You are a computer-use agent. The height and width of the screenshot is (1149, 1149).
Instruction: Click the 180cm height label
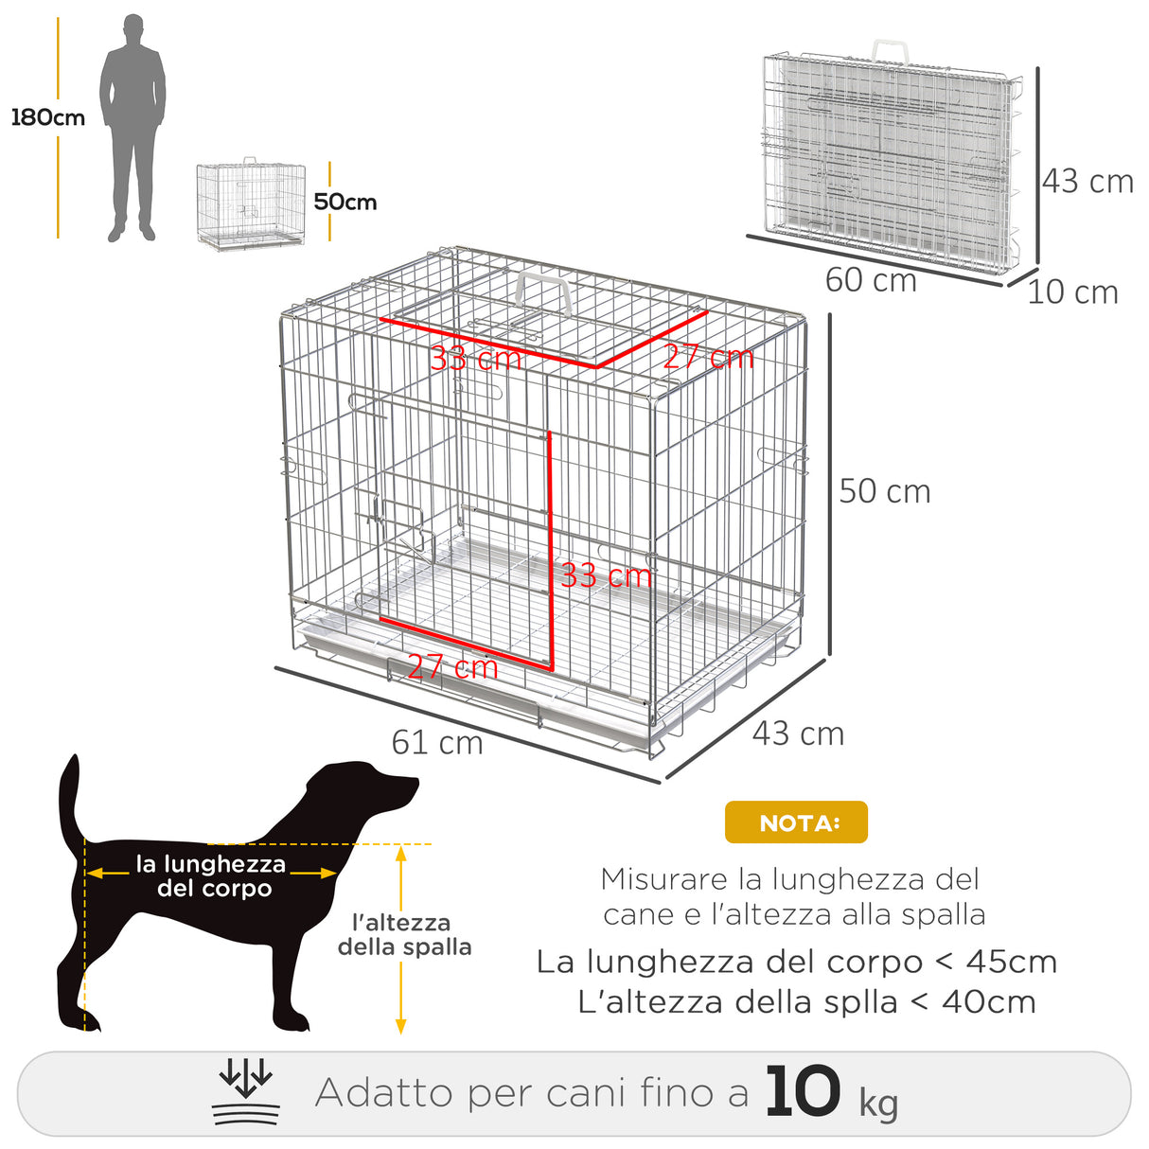47,117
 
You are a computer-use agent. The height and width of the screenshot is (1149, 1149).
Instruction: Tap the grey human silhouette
133,128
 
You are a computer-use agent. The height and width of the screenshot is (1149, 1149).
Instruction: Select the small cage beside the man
251,204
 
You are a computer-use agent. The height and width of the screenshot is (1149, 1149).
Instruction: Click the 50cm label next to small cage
345,202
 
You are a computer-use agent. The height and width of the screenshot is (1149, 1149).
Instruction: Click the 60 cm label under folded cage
871,280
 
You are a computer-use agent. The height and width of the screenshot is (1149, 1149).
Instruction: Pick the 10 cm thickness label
1072,292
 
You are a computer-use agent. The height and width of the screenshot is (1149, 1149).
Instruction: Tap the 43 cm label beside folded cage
1087,181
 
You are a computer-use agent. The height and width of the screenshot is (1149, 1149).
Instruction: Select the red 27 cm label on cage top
708,357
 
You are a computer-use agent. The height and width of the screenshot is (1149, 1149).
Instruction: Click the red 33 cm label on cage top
475,359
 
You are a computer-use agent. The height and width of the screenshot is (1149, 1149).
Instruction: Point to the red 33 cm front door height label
606,574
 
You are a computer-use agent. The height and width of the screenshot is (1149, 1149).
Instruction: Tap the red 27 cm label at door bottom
452,667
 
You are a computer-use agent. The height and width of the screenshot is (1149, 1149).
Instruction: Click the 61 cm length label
437,742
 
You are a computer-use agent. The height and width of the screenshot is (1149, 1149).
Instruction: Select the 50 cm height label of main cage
885,491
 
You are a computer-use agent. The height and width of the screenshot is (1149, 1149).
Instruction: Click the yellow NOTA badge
796,822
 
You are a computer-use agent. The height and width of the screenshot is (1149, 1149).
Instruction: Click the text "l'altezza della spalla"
404,934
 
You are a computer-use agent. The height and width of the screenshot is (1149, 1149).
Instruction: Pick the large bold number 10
803,1092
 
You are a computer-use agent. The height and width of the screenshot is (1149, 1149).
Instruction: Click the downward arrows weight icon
246,1093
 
